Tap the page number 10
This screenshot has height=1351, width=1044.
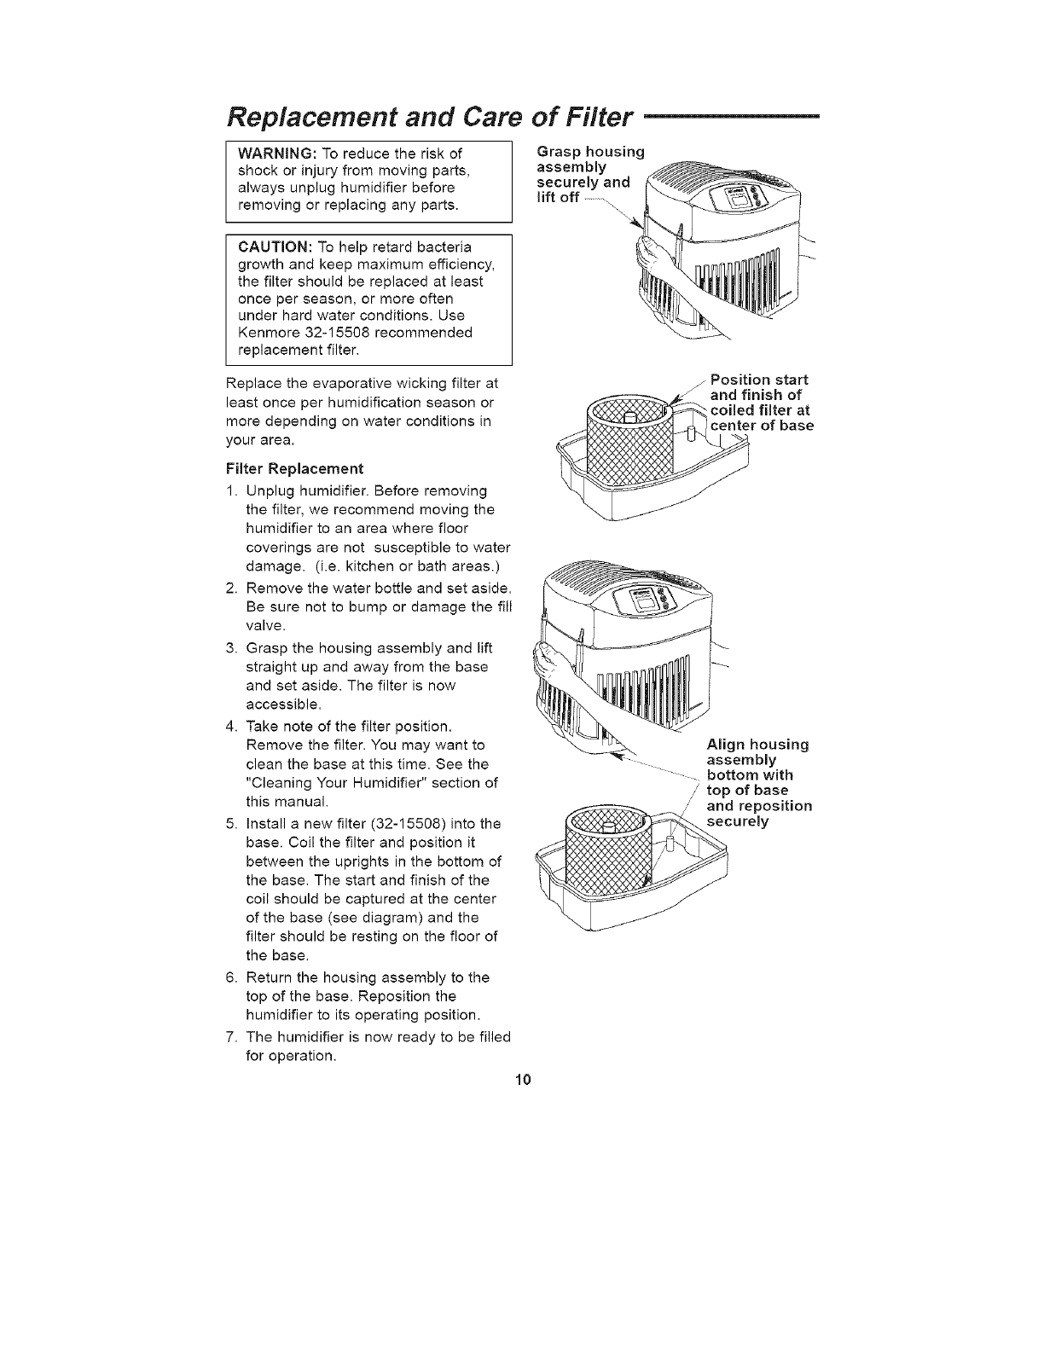pos(523,1081)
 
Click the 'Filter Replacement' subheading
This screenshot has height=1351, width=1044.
pos(294,468)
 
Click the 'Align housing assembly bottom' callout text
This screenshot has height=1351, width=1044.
pos(758,782)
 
